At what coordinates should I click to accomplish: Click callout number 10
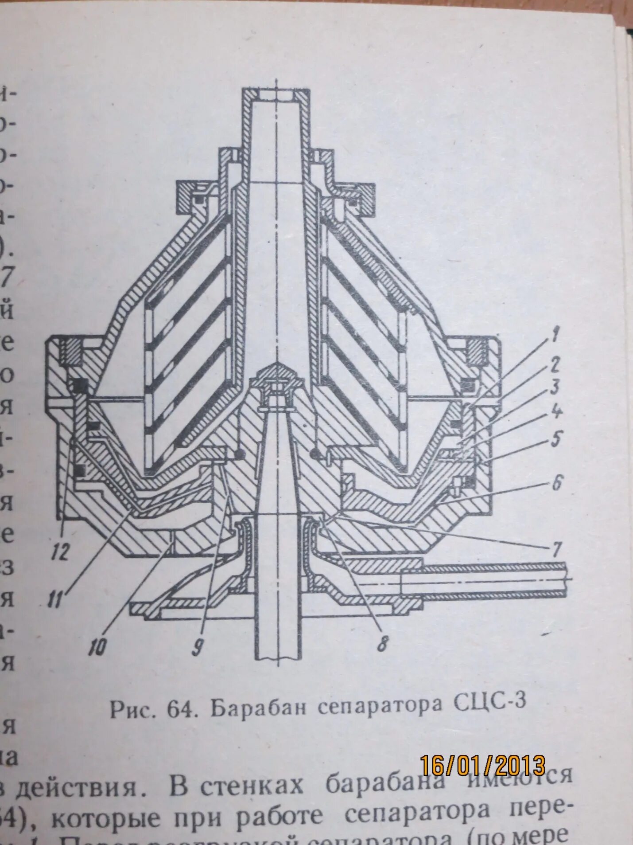(x=97, y=647)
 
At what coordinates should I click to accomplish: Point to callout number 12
(x=60, y=552)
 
